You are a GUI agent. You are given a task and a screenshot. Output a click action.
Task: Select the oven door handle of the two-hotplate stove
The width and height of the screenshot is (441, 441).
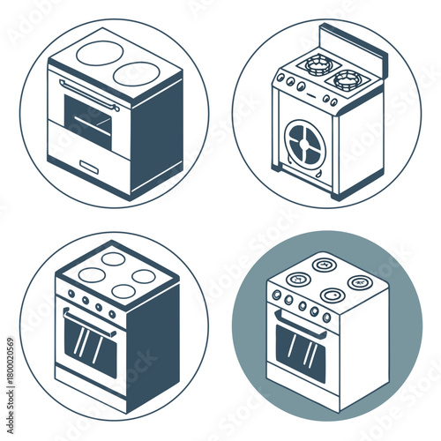point(88,93)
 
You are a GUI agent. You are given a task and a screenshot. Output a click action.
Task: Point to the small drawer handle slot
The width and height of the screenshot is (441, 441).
point(90,165)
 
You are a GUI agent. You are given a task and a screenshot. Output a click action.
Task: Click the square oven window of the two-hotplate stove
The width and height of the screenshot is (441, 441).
point(88,121)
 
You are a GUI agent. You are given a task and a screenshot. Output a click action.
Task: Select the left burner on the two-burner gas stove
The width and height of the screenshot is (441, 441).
point(313,64)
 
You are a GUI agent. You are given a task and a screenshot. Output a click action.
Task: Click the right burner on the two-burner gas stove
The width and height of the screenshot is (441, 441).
point(348,78)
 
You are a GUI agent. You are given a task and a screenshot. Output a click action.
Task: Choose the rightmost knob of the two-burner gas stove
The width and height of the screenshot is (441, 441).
point(333,102)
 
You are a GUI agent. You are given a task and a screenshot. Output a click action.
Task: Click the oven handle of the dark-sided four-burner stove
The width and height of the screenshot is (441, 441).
point(88,321)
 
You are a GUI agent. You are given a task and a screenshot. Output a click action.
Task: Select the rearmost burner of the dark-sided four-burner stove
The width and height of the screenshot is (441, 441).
point(113,258)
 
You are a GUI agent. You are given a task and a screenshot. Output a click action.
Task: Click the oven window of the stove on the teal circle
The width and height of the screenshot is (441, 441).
point(301,348)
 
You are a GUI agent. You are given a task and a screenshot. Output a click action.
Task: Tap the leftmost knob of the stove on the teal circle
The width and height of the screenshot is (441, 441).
point(276,295)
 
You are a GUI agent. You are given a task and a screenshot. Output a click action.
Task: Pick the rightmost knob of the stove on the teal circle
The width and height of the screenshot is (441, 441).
point(327,318)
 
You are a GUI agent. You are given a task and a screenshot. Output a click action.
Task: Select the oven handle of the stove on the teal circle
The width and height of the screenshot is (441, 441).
point(301,322)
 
